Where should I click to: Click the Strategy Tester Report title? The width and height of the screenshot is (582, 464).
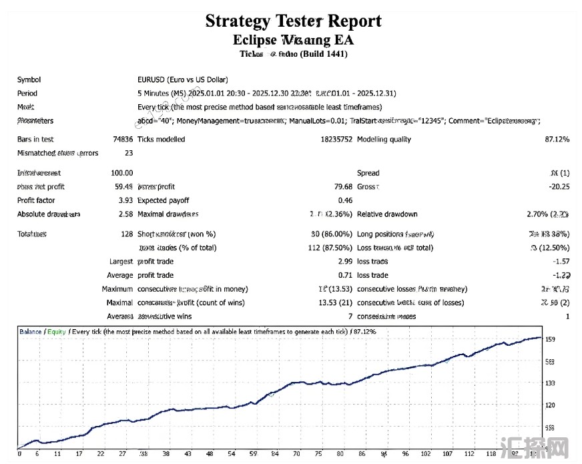[x=293, y=21]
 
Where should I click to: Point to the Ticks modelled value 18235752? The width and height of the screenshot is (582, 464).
[x=336, y=140]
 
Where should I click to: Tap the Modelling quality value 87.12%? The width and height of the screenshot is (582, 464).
[x=557, y=140]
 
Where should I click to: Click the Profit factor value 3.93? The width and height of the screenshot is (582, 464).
[x=124, y=200]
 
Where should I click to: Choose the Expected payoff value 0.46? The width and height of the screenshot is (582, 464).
[x=344, y=200]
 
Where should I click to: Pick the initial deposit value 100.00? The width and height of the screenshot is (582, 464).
[x=121, y=173]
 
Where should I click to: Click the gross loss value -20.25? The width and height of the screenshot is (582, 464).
[x=557, y=187]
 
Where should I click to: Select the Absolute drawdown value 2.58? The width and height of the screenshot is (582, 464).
[x=125, y=214]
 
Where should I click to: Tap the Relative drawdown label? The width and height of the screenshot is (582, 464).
[x=387, y=214]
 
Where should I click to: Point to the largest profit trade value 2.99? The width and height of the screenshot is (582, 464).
[x=344, y=262]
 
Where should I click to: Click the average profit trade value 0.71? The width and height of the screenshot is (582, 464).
[x=344, y=275]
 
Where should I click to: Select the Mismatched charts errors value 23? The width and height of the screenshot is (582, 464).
[x=128, y=153]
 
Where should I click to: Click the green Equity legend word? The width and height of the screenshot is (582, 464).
[x=57, y=331]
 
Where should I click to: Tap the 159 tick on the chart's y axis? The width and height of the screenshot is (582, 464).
[x=550, y=339]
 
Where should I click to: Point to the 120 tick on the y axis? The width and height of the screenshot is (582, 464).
[x=550, y=405]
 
